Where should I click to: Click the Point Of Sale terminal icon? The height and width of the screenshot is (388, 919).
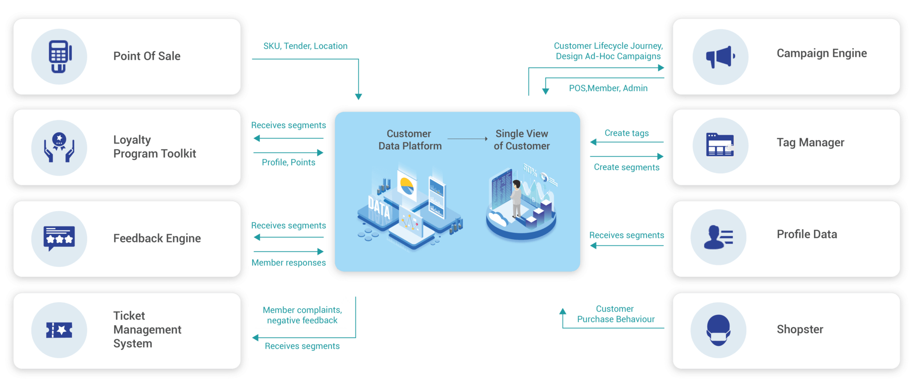pos(59,57)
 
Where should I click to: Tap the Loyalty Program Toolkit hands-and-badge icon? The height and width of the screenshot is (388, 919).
pos(59,148)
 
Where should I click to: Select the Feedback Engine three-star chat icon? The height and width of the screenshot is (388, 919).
pos(59,238)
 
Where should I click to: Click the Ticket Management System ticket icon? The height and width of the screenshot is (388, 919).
pos(59,330)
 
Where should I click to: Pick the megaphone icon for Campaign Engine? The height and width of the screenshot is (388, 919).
pos(720,57)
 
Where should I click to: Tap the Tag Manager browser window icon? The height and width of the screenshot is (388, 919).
pos(720,145)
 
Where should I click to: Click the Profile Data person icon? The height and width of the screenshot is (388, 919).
pos(718,237)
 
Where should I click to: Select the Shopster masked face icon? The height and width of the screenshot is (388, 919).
pos(718,330)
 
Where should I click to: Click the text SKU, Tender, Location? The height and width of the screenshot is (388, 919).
pos(305,46)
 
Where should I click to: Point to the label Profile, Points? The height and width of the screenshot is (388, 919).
pos(288,162)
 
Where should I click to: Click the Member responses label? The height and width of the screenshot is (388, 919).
pos(289,263)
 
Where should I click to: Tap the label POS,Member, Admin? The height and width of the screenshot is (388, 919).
pos(608,88)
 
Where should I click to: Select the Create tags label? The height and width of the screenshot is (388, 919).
pos(626,133)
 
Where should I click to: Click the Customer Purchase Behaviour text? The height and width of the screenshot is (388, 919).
pos(615,314)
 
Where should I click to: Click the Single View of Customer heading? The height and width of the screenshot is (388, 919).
pos(521,140)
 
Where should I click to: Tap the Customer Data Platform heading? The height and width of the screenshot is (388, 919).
pos(410,140)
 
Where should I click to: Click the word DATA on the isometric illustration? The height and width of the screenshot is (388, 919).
pos(379,209)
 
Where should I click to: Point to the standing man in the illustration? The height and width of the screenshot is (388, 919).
pos(516,198)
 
